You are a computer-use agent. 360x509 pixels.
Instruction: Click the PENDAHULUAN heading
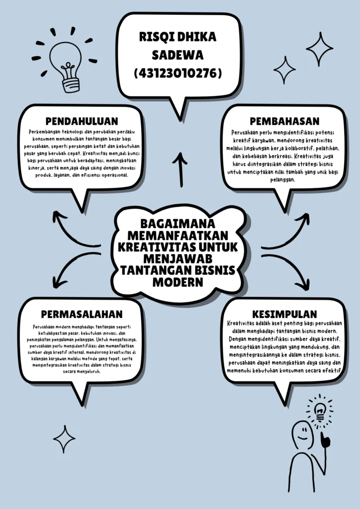(x=82, y=121)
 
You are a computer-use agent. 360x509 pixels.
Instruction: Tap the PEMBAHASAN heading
(x=284, y=121)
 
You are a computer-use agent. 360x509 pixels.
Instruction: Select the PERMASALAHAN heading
(x=82, y=314)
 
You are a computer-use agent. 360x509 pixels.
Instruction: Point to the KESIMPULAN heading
(x=284, y=314)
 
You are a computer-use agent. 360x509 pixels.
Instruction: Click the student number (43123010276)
(x=178, y=73)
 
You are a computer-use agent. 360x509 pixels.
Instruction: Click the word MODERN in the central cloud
(x=178, y=282)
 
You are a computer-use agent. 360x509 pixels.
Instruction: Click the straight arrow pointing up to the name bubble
(x=180, y=169)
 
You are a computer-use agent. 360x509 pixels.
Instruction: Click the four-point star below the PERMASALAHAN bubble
(x=64, y=438)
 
